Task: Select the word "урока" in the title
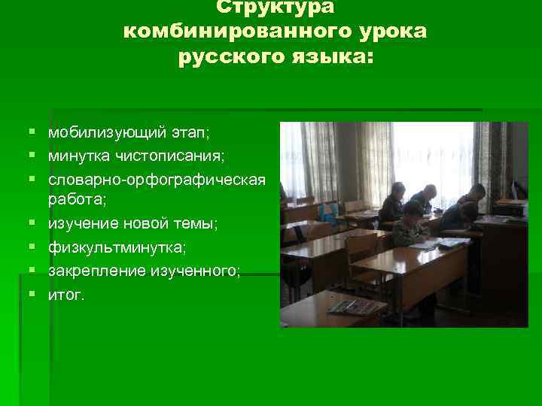tap(396, 32)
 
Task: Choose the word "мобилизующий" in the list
tap(96, 133)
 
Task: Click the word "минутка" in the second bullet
tap(74, 156)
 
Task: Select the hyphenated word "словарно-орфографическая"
tap(157, 180)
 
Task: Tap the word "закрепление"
tap(96, 271)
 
